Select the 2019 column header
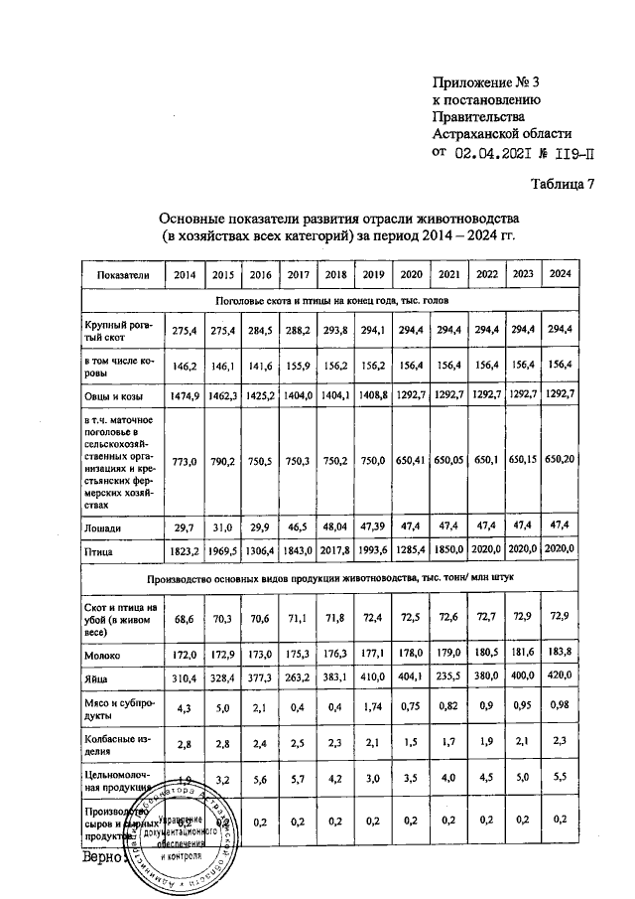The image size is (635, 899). tap(373, 273)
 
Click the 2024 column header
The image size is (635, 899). tap(560, 273)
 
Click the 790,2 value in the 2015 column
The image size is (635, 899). tap(223, 461)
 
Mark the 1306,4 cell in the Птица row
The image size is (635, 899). tap(261, 548)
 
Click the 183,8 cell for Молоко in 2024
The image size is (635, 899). tap(560, 652)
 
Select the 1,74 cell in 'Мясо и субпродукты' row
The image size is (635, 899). tap(373, 711)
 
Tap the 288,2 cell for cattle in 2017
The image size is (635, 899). tap(298, 329)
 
